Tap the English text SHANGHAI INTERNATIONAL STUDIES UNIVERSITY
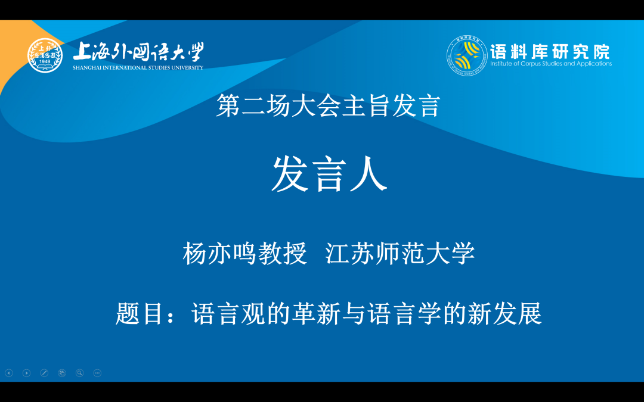[x=138, y=68]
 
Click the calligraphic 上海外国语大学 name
[x=138, y=52]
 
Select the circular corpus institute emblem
[x=467, y=55]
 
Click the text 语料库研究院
[x=550, y=51]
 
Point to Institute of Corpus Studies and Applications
[x=550, y=64]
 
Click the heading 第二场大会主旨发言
[x=327, y=106]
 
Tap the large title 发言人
[x=330, y=175]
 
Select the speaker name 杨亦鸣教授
[x=244, y=254]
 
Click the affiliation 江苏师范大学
[x=400, y=254]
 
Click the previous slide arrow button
[x=9, y=373]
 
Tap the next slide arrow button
[x=26, y=373]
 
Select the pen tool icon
[x=44, y=373]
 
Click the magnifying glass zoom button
[x=79, y=373]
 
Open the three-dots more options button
[x=97, y=373]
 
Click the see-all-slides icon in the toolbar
[x=61, y=373]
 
